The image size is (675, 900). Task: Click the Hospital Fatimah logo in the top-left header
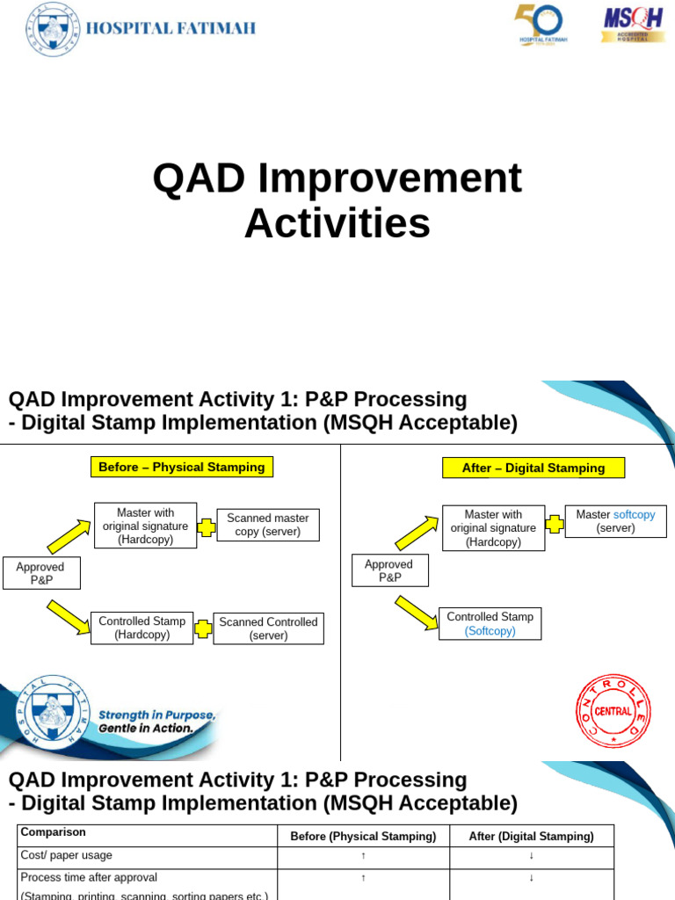53,29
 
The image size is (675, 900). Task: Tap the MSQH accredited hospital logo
633,25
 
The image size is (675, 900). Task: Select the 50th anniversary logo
540,25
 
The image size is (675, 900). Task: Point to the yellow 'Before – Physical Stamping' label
182,468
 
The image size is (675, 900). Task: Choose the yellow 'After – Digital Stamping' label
533,468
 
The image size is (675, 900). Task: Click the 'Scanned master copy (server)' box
267,525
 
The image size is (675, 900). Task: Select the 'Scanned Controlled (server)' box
268,628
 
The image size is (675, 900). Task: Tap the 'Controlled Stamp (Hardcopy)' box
142,628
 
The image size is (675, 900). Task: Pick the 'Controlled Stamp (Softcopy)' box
490,624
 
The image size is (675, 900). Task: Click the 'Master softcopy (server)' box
615,521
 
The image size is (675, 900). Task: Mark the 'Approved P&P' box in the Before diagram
40,573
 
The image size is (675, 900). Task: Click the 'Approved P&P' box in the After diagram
389,571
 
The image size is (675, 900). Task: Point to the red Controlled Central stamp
613,711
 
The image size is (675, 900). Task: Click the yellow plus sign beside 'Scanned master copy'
207,527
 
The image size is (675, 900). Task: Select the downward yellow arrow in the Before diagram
68,616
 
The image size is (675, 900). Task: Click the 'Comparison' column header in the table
54,831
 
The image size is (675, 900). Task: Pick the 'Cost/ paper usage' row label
67,855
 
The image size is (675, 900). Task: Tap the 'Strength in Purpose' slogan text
156,715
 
